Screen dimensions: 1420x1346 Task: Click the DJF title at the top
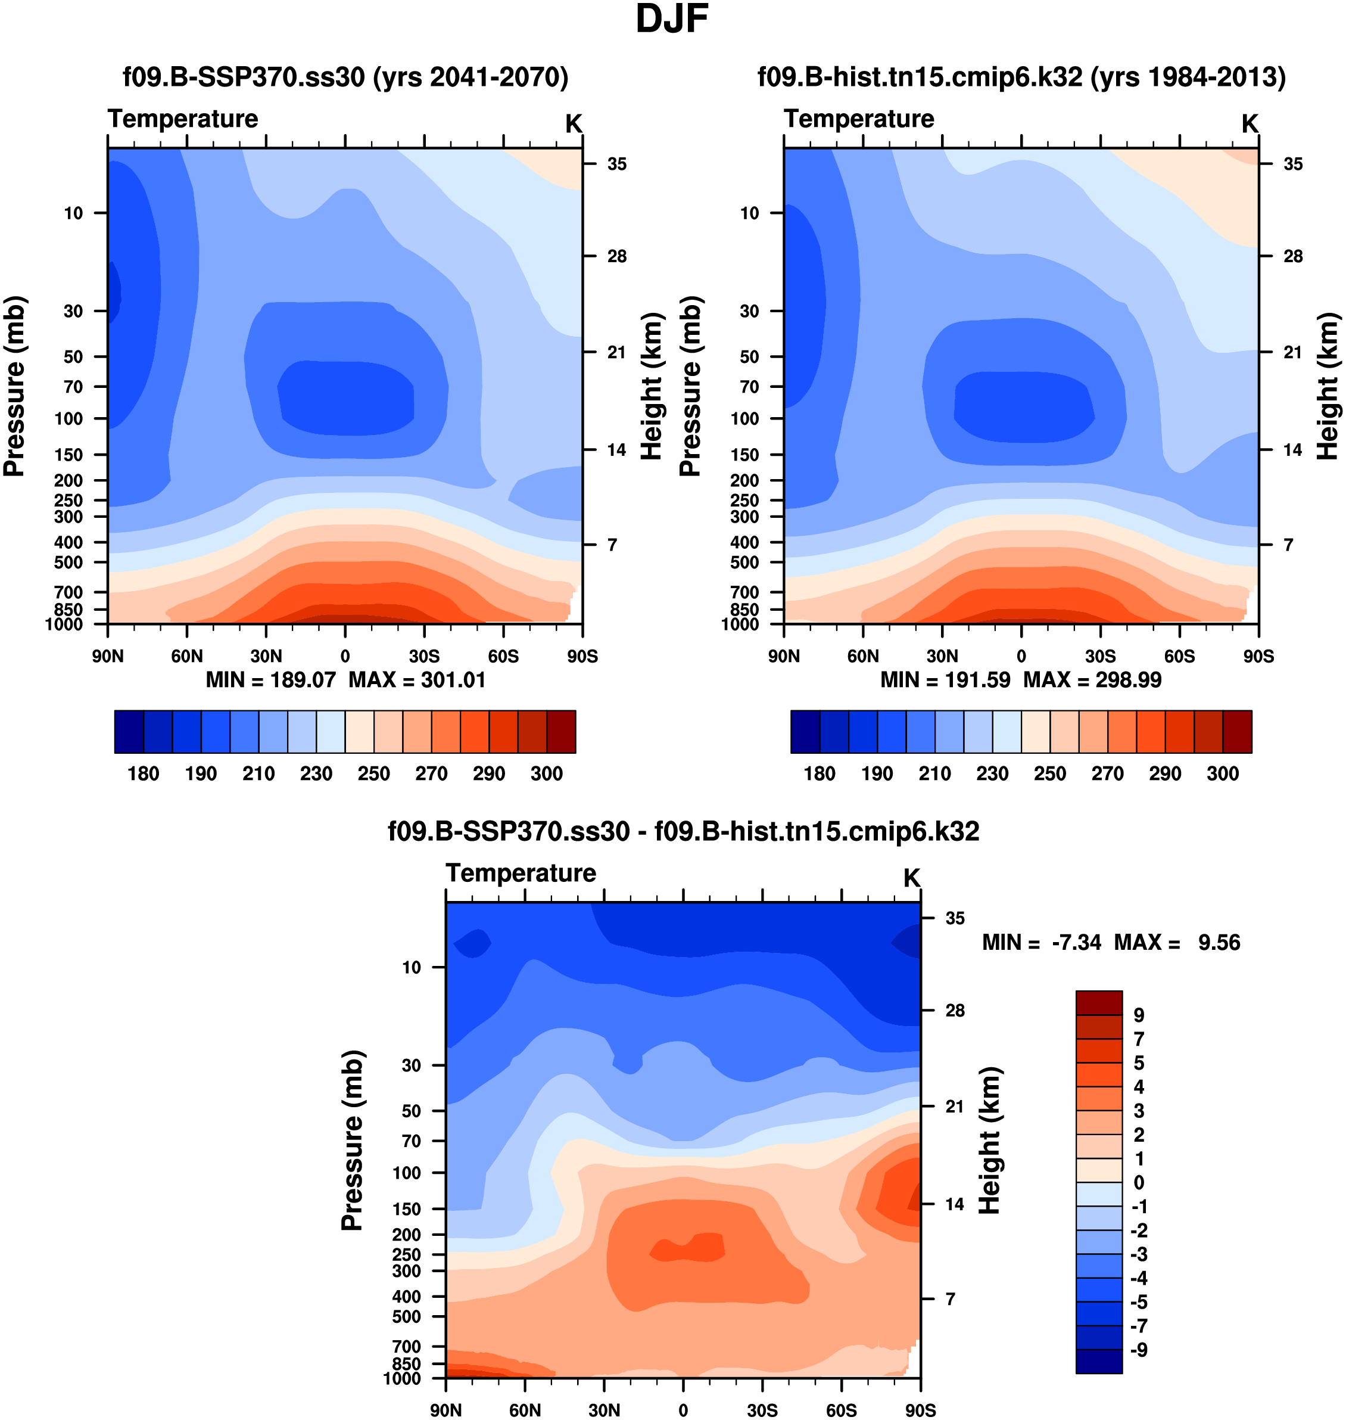coord(672,20)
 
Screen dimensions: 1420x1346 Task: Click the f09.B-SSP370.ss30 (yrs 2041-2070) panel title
coord(345,77)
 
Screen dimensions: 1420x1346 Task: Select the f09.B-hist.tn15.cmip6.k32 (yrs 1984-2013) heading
coord(1021,77)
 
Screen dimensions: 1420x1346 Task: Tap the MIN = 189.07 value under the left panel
coord(271,680)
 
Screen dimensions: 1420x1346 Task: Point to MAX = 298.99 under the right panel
coord(1092,680)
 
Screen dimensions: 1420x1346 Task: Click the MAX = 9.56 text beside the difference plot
coord(1177,942)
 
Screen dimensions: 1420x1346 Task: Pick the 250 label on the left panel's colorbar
coord(374,773)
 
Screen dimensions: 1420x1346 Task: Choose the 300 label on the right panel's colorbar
coord(1223,773)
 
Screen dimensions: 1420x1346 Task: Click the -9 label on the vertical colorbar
coord(1139,1350)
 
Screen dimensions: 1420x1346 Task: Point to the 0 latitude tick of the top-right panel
coord(1021,656)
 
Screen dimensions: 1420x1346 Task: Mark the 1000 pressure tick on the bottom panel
coord(402,1378)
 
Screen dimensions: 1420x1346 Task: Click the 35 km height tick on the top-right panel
coord(1293,164)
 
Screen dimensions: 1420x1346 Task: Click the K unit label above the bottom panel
coord(911,878)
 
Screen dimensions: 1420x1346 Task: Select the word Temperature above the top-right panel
coord(859,119)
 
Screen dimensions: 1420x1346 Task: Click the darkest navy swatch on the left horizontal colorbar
coord(129,732)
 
